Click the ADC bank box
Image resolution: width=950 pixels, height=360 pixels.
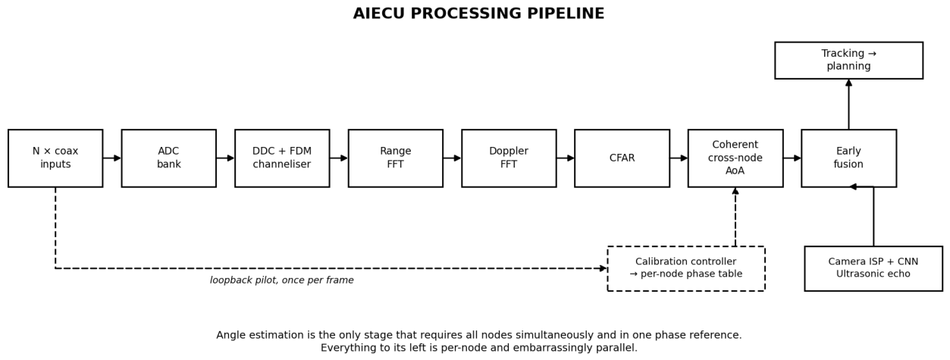click(x=169, y=158)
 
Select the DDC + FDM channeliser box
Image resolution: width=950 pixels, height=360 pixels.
click(x=282, y=158)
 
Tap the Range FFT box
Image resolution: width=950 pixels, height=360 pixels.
click(x=396, y=158)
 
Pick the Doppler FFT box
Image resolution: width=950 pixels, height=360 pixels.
click(x=509, y=158)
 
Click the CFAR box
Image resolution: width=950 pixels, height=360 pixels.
click(x=622, y=158)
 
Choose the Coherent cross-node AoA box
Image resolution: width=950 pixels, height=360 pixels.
click(x=735, y=158)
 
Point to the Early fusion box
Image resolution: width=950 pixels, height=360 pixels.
click(x=848, y=158)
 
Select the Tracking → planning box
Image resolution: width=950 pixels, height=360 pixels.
click(x=848, y=60)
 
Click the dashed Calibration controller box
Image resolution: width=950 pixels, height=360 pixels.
click(x=686, y=268)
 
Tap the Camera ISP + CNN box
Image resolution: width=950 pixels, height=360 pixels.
click(x=873, y=268)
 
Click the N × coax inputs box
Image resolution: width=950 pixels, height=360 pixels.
click(x=55, y=158)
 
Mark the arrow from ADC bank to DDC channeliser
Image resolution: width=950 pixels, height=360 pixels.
click(x=225, y=158)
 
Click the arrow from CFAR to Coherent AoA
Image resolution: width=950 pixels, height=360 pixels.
click(x=679, y=158)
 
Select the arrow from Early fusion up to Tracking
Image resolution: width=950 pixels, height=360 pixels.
click(x=848, y=104)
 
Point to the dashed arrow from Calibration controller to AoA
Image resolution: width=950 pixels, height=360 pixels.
click(x=735, y=217)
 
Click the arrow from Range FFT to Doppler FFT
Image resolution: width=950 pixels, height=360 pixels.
click(x=452, y=158)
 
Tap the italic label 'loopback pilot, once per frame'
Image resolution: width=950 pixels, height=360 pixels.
click(x=281, y=280)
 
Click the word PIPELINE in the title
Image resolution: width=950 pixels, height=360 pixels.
click(x=566, y=14)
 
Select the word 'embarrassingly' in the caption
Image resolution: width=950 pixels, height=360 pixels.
click(x=559, y=348)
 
